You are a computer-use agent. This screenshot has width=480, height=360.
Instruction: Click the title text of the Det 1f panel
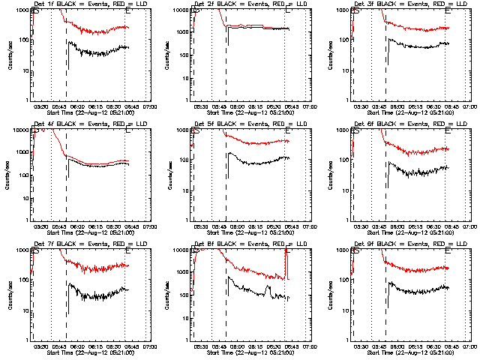click(x=90, y=4)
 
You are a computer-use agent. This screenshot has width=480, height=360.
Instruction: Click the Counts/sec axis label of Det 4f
click(x=9, y=175)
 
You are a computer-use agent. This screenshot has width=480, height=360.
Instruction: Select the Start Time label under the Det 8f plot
click(x=250, y=350)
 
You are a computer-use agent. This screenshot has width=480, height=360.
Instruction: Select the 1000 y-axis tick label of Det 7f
click(x=20, y=250)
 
